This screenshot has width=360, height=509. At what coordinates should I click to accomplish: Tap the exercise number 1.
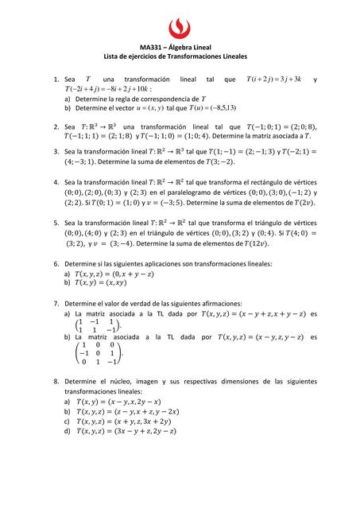(56, 80)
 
